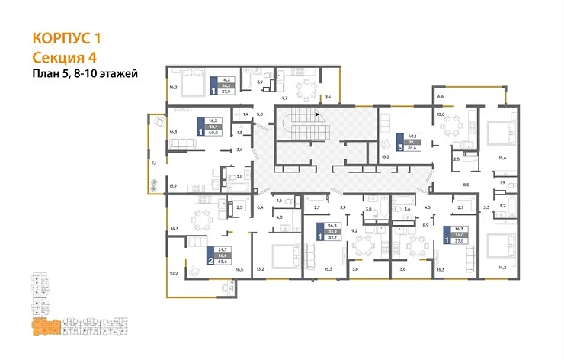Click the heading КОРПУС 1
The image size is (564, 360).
[68, 38]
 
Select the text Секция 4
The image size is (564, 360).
[65, 57]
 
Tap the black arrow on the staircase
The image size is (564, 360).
[311, 116]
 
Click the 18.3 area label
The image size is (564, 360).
[385, 156]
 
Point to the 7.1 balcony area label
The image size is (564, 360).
[153, 162]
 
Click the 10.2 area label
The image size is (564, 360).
[173, 272]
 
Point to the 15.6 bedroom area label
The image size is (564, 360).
[502, 158]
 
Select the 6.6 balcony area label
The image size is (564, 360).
[440, 98]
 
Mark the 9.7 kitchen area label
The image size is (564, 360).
[285, 98]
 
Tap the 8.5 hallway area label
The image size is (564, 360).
[465, 184]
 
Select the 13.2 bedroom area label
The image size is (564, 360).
[260, 268]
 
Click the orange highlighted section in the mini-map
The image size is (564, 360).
[44, 327]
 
